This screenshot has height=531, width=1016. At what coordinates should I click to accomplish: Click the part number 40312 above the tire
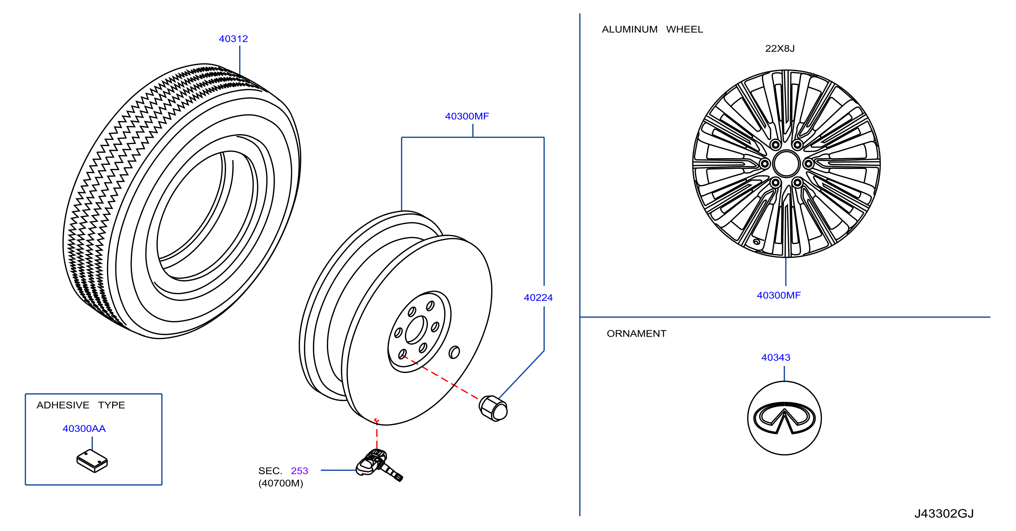pyautogui.click(x=233, y=39)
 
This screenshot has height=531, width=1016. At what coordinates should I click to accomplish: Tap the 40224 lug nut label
pyautogui.click(x=538, y=298)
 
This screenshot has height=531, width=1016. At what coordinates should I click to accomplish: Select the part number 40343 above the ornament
pyautogui.click(x=775, y=357)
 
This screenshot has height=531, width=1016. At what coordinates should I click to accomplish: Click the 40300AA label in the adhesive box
pyautogui.click(x=84, y=429)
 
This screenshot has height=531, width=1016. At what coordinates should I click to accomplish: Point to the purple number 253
pyautogui.click(x=299, y=471)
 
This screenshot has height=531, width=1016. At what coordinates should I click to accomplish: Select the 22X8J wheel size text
pyautogui.click(x=780, y=49)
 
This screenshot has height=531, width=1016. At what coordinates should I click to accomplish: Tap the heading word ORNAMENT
pyautogui.click(x=636, y=333)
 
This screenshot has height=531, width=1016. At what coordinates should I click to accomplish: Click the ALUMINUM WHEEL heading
pyautogui.click(x=652, y=29)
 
